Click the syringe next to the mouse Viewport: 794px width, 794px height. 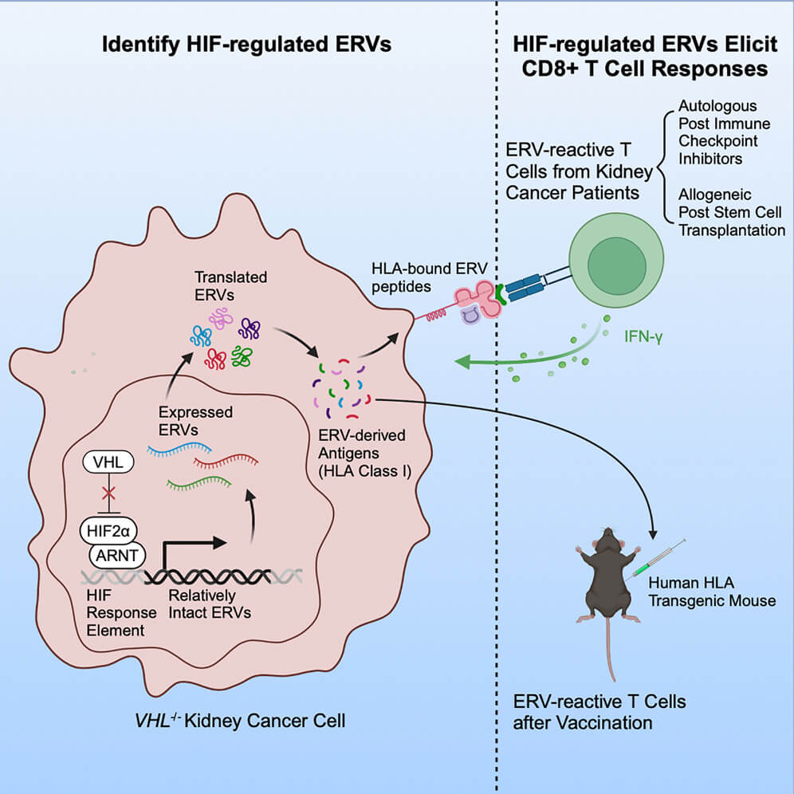point(658,557)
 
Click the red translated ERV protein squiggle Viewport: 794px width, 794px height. point(214,359)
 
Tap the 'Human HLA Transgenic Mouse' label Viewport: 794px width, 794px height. point(712,591)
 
